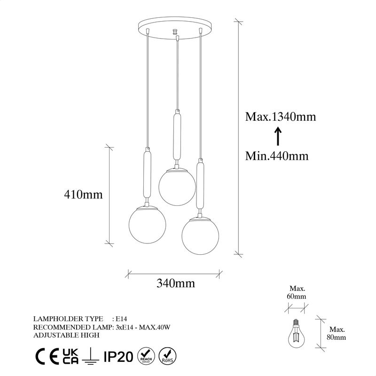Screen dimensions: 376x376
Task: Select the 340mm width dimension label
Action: tap(175, 283)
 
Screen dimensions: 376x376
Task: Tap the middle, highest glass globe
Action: tap(176, 186)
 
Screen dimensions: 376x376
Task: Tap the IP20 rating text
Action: tap(118, 356)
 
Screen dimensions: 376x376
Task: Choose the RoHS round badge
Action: tap(168, 356)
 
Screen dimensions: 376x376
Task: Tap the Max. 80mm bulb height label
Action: tap(337, 333)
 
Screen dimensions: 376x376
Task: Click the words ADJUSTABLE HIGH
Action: tap(66, 335)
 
